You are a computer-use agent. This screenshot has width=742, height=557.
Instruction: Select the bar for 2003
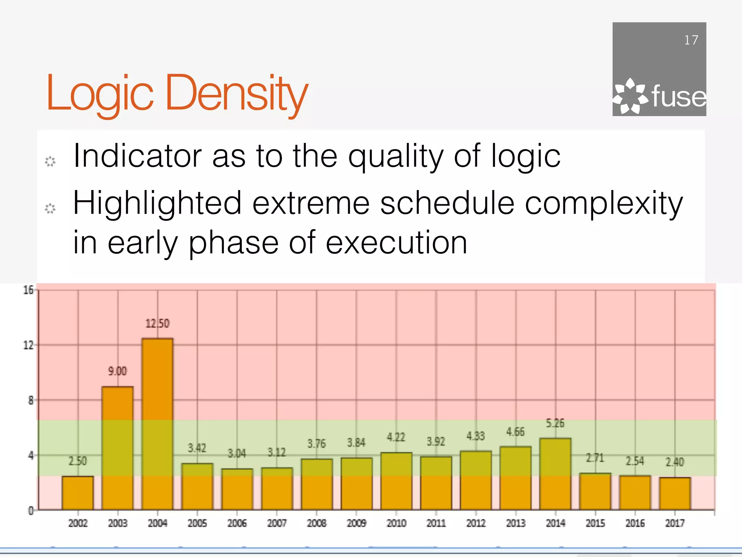tap(117, 448)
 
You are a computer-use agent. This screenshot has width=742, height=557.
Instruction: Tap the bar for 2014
tap(555, 474)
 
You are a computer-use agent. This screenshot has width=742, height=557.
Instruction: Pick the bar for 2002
tap(78, 493)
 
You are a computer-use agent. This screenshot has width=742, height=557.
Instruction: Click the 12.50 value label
tap(157, 323)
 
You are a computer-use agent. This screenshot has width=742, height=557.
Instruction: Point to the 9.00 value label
tap(117, 371)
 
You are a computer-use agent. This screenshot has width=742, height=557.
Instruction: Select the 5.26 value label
tap(555, 423)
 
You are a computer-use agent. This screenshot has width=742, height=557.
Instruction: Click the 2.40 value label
tap(675, 462)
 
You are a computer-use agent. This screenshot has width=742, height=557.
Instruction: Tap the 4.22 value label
tap(396, 437)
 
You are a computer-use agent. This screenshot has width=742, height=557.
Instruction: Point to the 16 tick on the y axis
tap(28, 290)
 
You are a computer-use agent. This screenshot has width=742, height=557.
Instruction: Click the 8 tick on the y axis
tap(31, 400)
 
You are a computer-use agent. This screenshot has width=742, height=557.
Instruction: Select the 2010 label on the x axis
tap(396, 523)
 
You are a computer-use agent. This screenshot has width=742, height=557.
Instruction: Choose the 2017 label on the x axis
tap(675, 523)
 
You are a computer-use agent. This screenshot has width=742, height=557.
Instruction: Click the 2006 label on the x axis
tap(237, 523)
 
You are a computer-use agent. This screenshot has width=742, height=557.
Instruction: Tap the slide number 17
tap(691, 40)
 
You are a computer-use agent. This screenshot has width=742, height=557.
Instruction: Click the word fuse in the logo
tap(679, 97)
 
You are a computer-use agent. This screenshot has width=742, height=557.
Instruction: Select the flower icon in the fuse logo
tap(630, 96)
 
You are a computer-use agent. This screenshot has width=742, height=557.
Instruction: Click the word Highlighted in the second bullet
tap(157, 204)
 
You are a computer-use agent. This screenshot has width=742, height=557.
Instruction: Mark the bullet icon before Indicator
tap(50, 161)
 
